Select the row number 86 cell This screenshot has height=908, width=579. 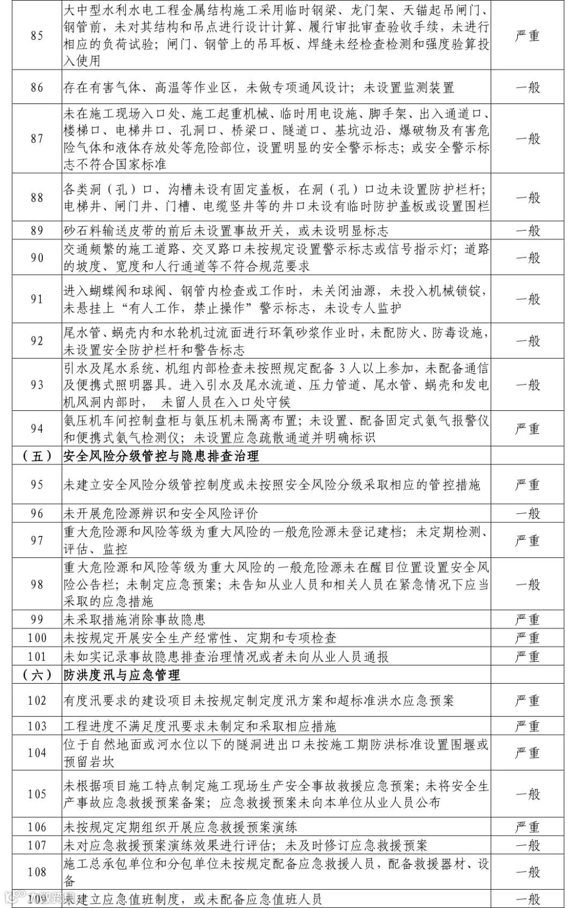[37, 87]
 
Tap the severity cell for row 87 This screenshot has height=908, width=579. [527, 139]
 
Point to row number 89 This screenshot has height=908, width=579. [37, 231]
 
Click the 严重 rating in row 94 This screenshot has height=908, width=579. [527, 429]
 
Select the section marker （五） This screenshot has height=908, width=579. [37, 456]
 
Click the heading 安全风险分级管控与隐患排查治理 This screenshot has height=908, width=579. [161, 456]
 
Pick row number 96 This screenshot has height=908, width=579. [37, 513]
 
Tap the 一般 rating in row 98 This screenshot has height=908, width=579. [527, 584]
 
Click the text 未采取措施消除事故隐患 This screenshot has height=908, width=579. [135, 619]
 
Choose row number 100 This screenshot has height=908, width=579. [37, 638]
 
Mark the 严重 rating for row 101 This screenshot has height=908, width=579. [527, 656]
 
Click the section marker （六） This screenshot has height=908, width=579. [37, 675]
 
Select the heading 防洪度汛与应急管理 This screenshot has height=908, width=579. [122, 675]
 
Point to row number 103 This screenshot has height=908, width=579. [37, 726]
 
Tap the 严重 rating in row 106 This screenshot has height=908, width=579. [527, 827]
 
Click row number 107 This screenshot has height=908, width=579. [37, 845]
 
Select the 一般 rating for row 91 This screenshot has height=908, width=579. [527, 299]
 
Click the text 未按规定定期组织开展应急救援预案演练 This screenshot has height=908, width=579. [180, 827]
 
